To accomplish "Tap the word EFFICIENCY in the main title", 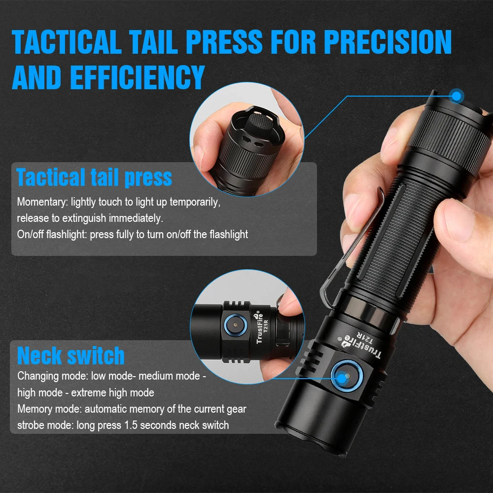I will (x=137, y=77).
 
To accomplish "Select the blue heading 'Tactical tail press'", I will (x=94, y=177).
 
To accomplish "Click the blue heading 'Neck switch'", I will (x=71, y=355).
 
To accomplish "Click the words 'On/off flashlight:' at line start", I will (x=52, y=234).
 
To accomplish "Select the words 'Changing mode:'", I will (x=53, y=376).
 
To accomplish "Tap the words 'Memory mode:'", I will (x=50, y=409).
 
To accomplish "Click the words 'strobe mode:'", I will (x=46, y=425).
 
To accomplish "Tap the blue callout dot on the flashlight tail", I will (x=457, y=95).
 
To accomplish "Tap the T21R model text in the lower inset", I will (x=264, y=327).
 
